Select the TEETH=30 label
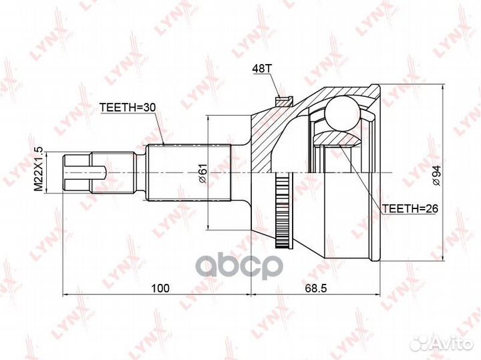[x=126, y=106]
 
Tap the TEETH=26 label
[x=408, y=208]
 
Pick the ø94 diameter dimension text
[x=435, y=173]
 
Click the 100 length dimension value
[x=158, y=288]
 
